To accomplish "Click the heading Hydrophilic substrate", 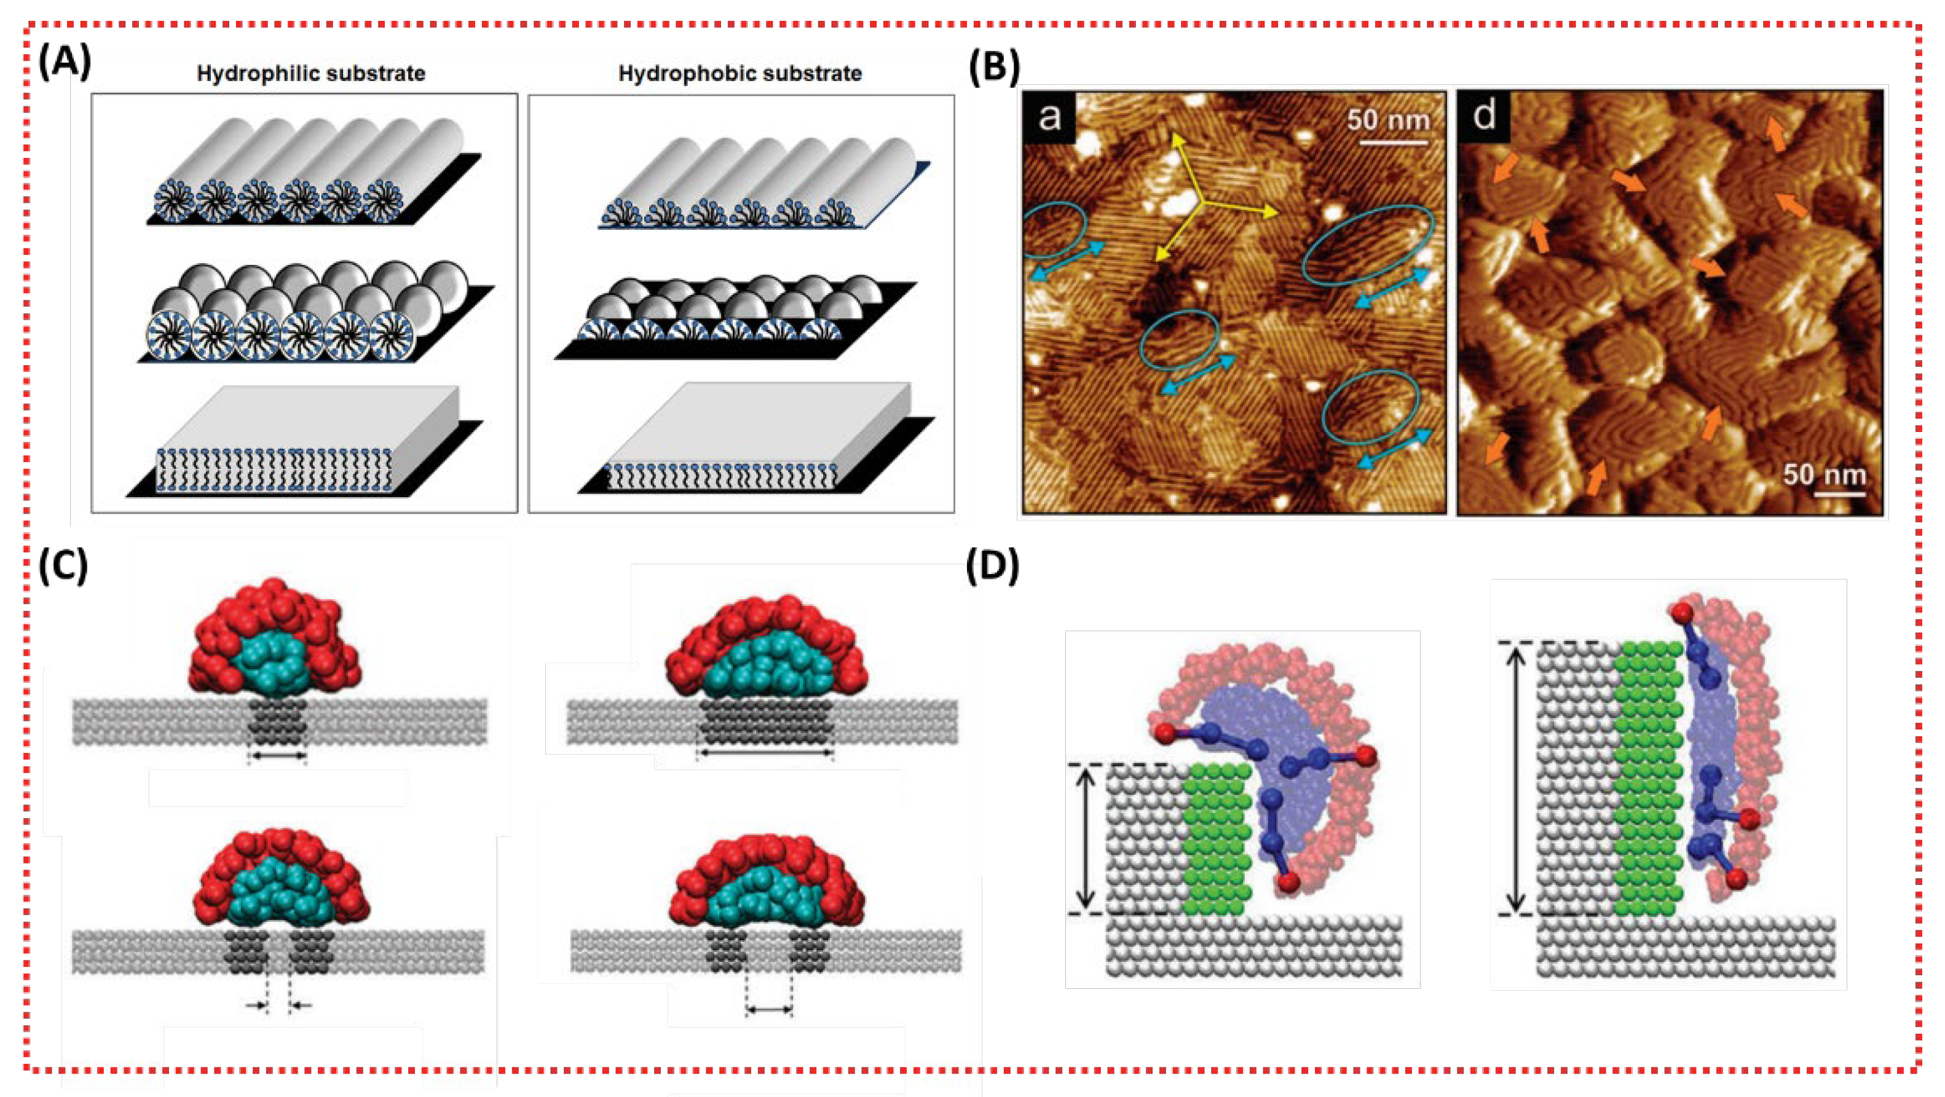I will [311, 73].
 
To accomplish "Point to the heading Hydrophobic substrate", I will [740, 73].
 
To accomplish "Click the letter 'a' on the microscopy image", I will [1049, 117].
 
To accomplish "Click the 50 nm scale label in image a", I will [1388, 119].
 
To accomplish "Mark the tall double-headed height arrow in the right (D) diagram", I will [1516, 777].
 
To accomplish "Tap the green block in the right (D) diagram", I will [1650, 777].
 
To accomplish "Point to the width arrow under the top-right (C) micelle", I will [764, 753].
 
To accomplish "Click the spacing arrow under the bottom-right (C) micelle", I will [768, 1009].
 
